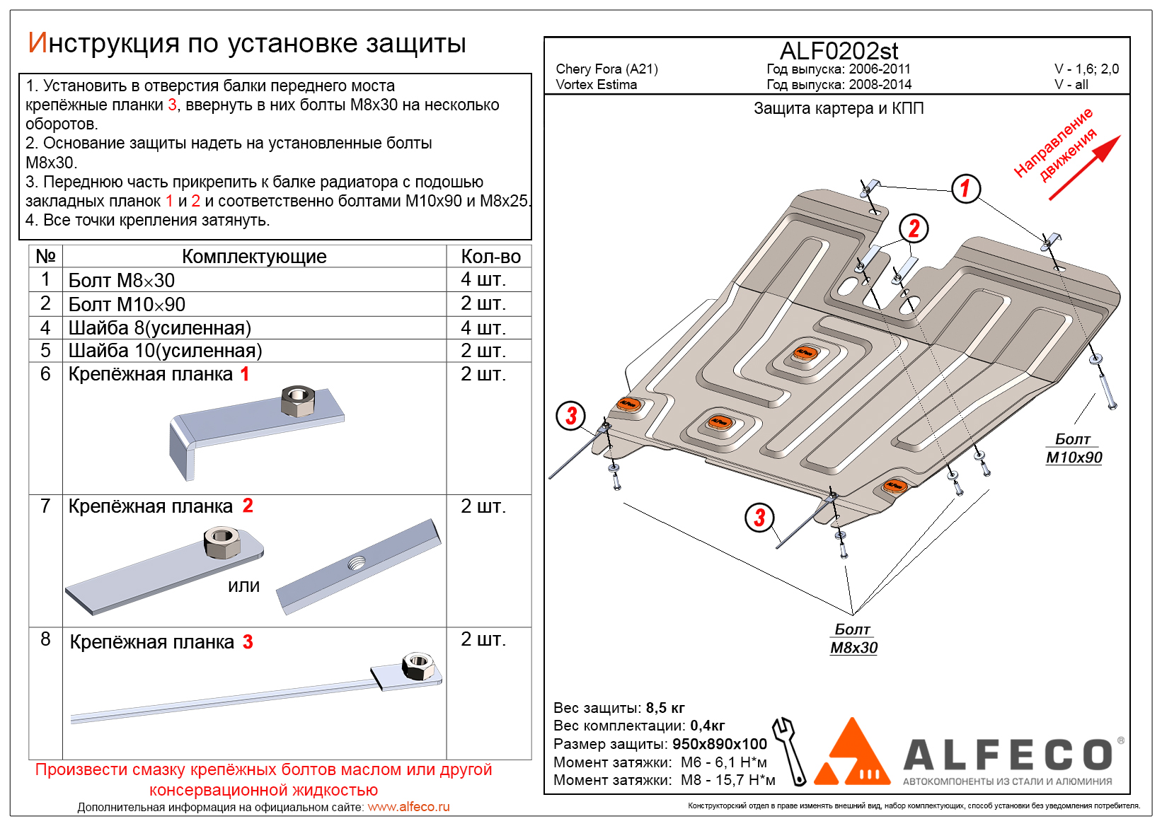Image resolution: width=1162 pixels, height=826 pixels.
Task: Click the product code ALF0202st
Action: (x=839, y=51)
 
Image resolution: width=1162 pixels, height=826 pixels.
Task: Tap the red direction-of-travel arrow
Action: (x=1085, y=167)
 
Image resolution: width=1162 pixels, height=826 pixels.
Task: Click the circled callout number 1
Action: (x=965, y=189)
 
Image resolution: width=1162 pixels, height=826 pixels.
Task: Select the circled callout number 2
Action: (x=914, y=228)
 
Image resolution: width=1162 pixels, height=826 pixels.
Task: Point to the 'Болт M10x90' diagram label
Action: (x=1074, y=448)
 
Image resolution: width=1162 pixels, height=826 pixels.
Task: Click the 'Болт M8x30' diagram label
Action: (x=853, y=639)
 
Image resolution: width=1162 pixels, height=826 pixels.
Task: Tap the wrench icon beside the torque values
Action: (x=790, y=750)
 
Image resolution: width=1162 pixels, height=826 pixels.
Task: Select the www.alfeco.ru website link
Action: (x=408, y=807)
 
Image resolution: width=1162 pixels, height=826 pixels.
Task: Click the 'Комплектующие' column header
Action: (x=254, y=256)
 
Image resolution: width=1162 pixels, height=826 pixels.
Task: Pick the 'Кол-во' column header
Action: (x=490, y=256)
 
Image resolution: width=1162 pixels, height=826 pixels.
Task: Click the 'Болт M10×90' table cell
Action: (x=127, y=304)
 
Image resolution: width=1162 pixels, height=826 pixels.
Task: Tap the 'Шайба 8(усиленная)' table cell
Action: (x=159, y=327)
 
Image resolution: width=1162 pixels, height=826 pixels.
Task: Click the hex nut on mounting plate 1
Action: (x=297, y=401)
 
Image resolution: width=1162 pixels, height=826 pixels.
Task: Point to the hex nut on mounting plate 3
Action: (x=418, y=665)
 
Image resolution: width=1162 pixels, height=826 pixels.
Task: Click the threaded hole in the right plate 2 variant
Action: (x=357, y=564)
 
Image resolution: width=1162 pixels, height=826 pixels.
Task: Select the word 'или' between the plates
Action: (x=243, y=586)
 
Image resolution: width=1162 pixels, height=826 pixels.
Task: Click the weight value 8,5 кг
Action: (x=665, y=708)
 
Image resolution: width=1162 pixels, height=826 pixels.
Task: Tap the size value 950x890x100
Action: (x=719, y=744)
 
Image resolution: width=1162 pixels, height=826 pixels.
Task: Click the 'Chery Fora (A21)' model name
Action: (x=606, y=69)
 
